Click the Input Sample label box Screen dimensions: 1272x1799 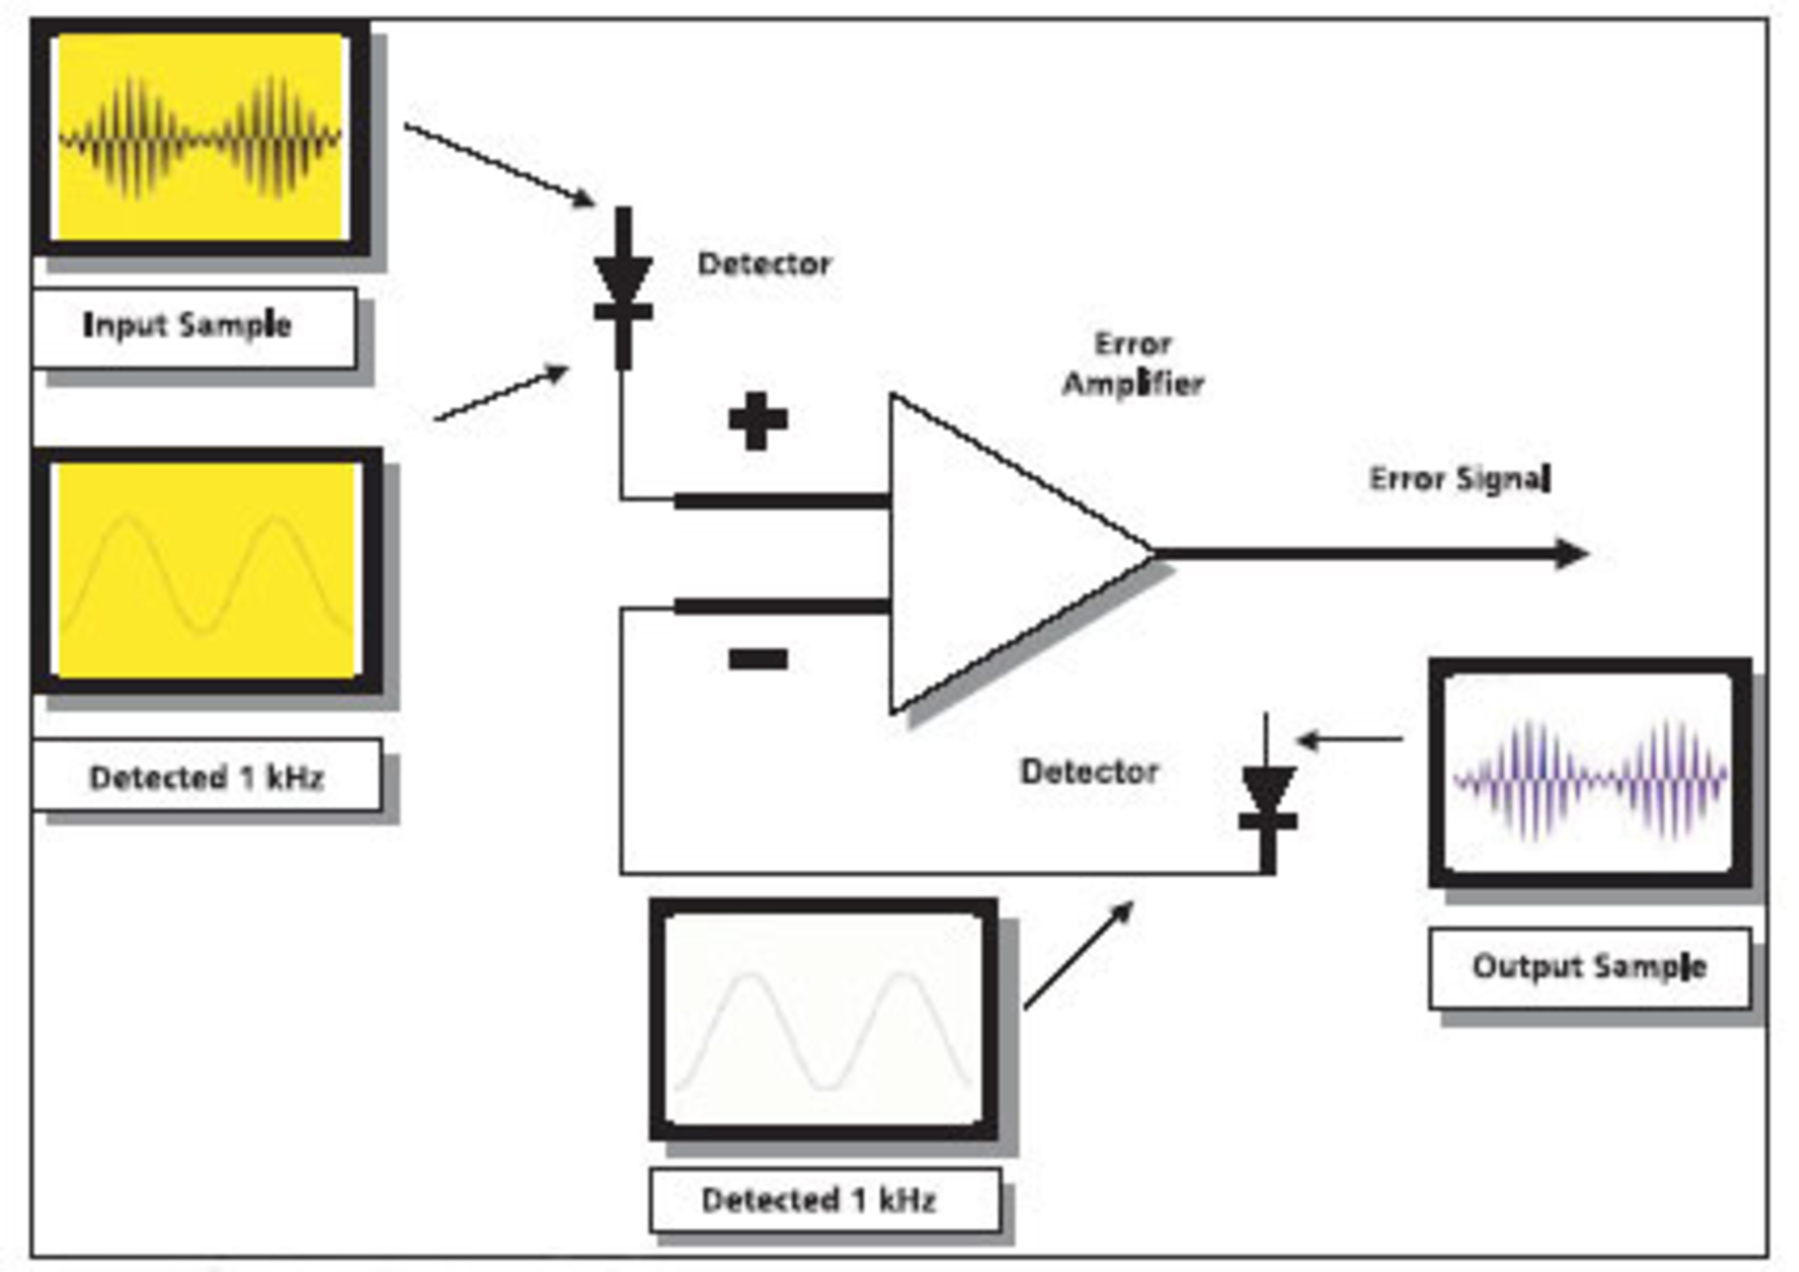(194, 326)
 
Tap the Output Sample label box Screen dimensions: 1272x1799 (1589, 967)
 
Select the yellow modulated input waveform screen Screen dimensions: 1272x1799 (201, 139)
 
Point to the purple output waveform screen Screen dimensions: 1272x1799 (1589, 774)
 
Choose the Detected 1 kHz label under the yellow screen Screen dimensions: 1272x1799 (206, 777)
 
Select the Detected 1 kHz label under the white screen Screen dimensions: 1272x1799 (823, 1200)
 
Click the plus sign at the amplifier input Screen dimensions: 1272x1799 (757, 421)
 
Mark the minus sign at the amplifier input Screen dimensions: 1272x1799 (757, 659)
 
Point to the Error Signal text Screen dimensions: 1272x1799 (1459, 480)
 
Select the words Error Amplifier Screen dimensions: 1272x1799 (1133, 363)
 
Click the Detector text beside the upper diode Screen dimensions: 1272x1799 (764, 264)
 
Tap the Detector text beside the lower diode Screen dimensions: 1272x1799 (1089, 772)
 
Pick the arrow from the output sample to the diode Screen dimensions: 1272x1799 (1349, 740)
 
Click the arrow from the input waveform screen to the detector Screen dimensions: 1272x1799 (498, 164)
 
